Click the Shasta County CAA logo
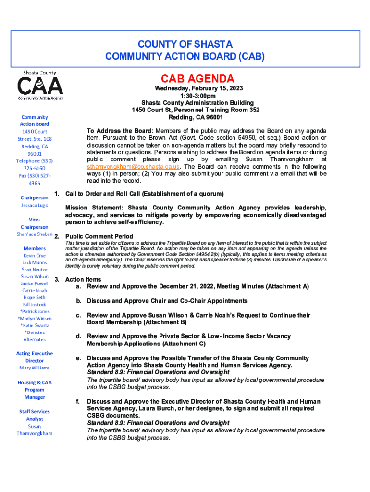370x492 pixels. click(40, 86)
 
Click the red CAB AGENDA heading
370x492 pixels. click(197, 79)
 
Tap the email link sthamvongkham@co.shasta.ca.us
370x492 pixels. click(133, 166)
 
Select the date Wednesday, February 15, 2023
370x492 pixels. click(198, 89)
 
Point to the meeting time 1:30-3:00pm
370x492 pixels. click(198, 96)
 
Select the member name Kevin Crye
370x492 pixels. click(35, 256)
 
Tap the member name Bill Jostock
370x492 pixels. click(35, 304)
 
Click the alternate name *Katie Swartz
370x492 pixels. click(35, 325)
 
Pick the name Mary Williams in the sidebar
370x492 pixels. click(35, 368)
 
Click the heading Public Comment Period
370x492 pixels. click(99, 236)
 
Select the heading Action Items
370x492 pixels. click(83, 279)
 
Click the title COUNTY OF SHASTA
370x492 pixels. click(185, 44)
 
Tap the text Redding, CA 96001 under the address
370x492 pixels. click(196, 117)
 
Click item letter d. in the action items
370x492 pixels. click(78, 337)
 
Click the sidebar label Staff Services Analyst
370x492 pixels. click(35, 415)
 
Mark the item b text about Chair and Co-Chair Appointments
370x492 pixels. click(167, 301)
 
